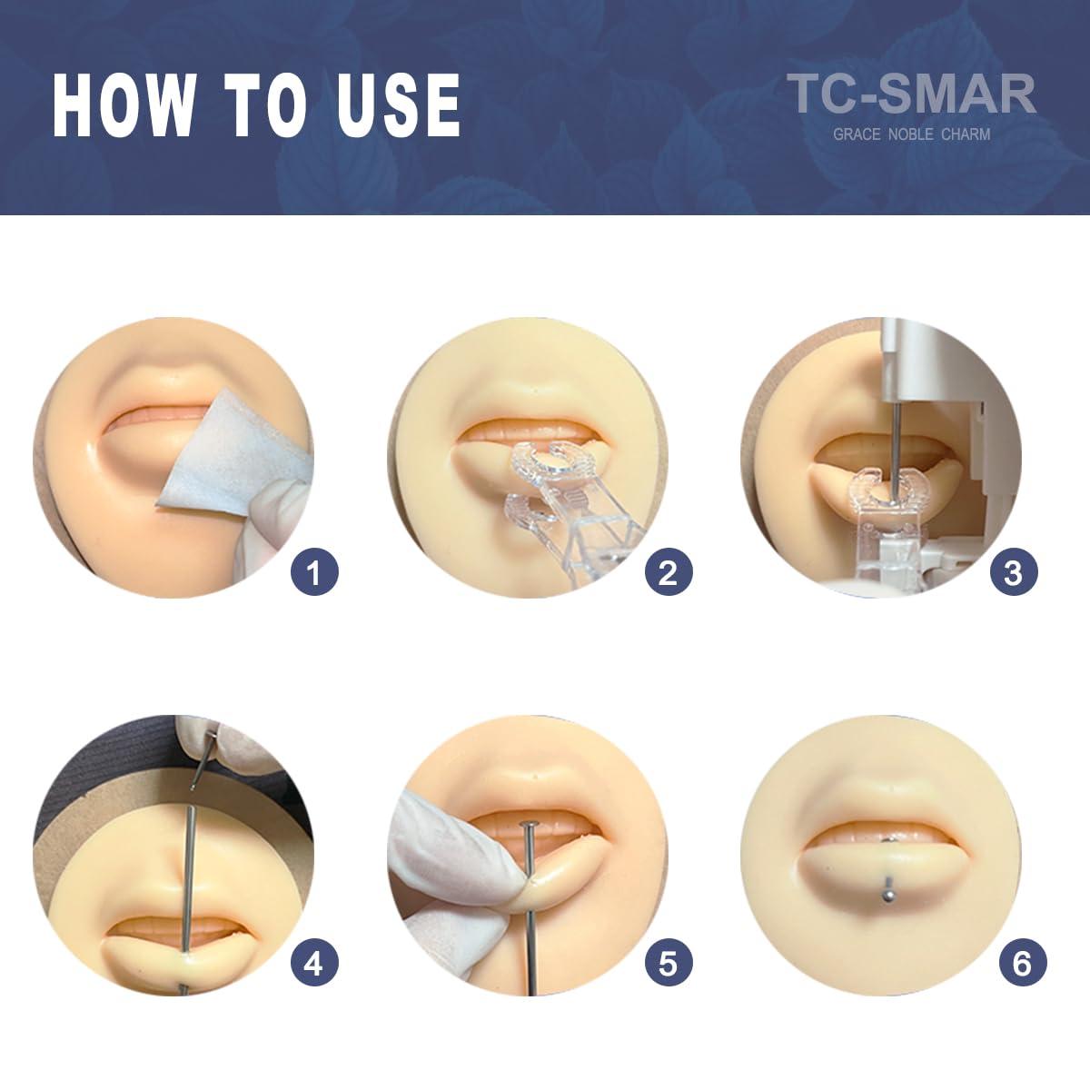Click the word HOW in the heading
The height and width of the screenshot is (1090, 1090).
123,105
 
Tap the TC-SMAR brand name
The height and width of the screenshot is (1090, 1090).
911,94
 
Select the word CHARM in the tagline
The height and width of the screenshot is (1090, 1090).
966,134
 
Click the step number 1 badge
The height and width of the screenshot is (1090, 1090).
314,572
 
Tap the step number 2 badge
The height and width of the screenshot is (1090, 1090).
668,572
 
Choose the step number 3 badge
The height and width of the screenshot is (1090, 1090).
1013,572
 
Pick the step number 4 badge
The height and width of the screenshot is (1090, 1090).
313,963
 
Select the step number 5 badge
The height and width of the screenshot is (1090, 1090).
668,963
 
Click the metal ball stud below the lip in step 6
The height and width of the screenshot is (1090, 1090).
881,897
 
